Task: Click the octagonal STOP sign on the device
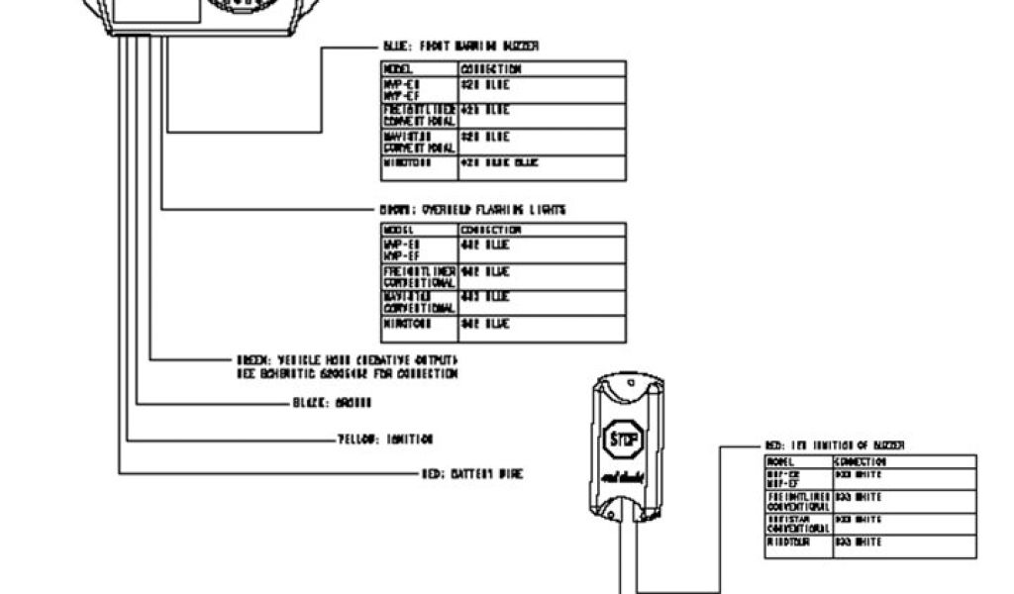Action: point(624,438)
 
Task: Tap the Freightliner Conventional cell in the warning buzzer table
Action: point(420,115)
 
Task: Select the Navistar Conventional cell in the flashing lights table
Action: point(420,302)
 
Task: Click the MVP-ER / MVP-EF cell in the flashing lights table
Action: point(420,249)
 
